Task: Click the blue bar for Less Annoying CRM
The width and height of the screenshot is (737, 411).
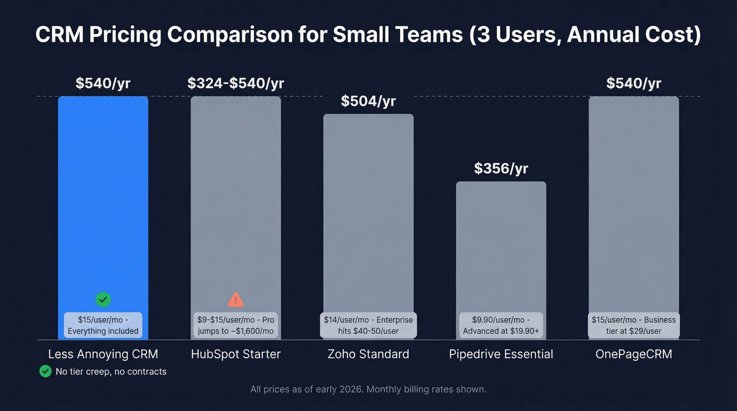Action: point(103,200)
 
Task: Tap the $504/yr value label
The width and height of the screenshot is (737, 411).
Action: point(368,101)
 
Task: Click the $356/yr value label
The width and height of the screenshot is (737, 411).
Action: point(501,168)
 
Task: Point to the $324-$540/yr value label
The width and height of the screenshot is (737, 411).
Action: point(235,83)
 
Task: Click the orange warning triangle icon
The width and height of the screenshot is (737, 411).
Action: point(235,300)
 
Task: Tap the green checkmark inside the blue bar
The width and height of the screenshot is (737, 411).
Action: point(103,300)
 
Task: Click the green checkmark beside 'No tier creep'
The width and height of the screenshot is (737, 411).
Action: point(45,372)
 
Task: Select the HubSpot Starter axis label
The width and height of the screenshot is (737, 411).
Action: point(235,354)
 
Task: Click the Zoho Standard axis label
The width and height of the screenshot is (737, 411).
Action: point(368,354)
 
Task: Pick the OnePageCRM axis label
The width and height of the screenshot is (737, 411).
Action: point(633,354)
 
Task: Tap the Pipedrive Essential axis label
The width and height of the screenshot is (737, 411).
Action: point(501,354)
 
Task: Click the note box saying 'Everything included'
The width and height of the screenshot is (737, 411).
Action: point(103,325)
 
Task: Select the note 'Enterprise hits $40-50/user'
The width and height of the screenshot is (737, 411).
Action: point(368,325)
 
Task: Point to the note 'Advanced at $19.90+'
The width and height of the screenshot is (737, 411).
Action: point(501,325)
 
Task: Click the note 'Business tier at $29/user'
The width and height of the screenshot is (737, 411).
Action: point(633,325)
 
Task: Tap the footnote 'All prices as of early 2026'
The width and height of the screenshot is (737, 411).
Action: point(368,389)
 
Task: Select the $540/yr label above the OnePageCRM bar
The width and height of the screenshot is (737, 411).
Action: point(633,83)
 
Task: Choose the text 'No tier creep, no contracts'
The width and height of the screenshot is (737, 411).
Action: point(111,372)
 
